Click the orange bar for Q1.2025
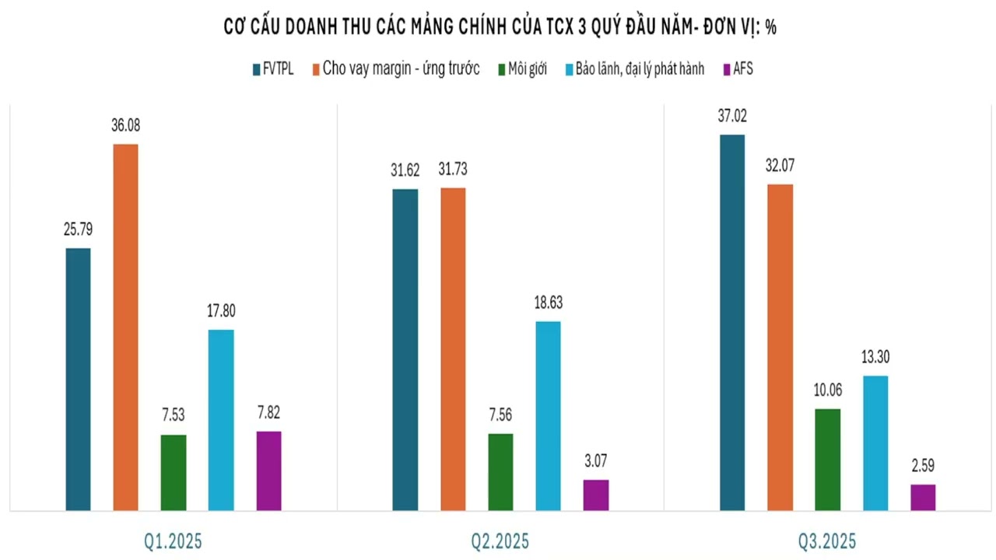[x=125, y=327]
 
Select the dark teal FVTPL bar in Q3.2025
[x=732, y=322]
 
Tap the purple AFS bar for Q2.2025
[x=596, y=495]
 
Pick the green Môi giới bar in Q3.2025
[x=828, y=459]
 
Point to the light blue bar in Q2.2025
[x=548, y=415]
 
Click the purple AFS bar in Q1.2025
[x=268, y=471]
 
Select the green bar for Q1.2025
[x=174, y=472]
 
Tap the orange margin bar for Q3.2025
[x=780, y=347]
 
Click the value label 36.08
[x=125, y=125]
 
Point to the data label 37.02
[x=732, y=116]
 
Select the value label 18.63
[x=548, y=303]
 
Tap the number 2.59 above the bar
[x=923, y=466]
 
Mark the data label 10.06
[x=828, y=390]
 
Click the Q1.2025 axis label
[x=173, y=541]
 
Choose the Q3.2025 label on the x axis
[x=827, y=541]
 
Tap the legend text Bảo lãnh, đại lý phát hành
[x=640, y=69]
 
